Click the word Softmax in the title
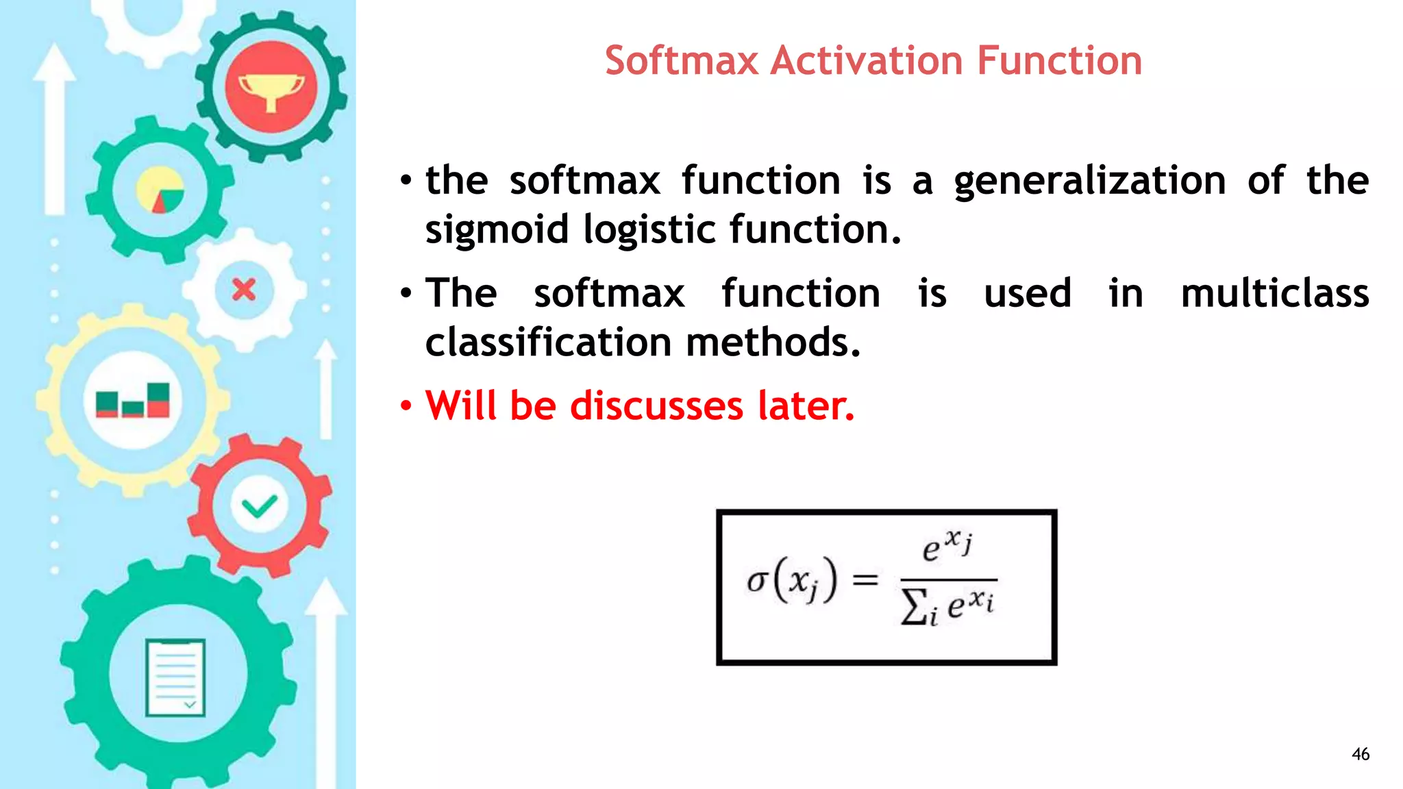682,60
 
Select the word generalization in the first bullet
1090,181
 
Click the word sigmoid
497,229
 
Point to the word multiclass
1275,294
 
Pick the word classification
548,342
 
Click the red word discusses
656,405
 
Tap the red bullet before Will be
406,406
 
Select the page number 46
1360,754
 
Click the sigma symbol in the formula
756,581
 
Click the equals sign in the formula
865,580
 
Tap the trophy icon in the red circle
271,89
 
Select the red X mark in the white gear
244,290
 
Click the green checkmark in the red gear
260,507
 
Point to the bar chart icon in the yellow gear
133,401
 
